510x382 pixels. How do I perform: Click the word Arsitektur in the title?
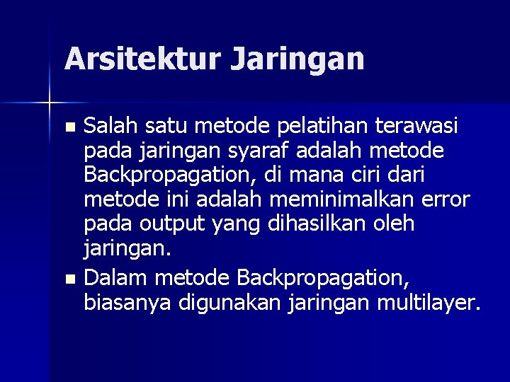click(x=142, y=59)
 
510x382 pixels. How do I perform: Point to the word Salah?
click(x=110, y=127)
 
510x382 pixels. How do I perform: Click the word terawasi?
click(x=419, y=127)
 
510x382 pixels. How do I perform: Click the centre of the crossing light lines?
click(x=50, y=103)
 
